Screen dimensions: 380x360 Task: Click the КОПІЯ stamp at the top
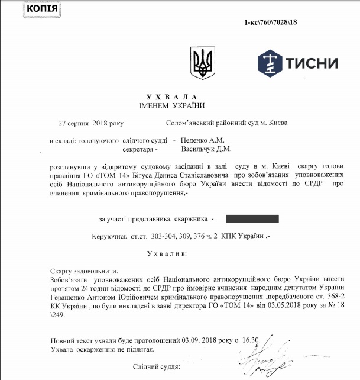pyautogui.click(x=25, y=9)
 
